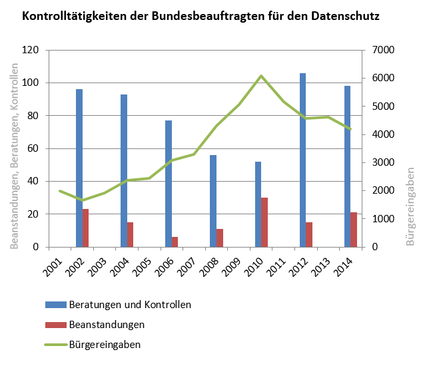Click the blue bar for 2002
[79, 168]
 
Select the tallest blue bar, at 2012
[302, 160]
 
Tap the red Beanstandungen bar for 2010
[264, 222]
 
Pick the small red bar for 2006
[175, 242]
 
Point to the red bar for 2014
[354, 230]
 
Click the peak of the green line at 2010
[261, 76]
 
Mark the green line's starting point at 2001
[60, 191]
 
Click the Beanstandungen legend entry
[107, 325]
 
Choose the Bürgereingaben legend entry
[105, 345]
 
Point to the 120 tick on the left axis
[31, 50]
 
